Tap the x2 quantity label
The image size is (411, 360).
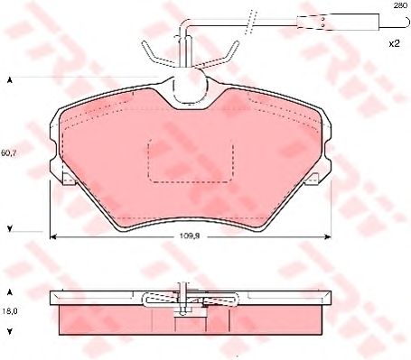point(393,43)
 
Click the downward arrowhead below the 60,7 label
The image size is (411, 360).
point(10,227)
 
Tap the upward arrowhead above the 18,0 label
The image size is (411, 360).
point(10,294)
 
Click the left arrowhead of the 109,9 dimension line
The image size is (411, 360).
point(51,237)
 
